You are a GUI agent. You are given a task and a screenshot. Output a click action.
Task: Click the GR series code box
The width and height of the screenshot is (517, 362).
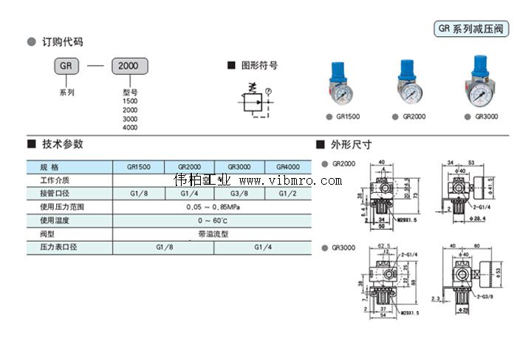coord(66,65)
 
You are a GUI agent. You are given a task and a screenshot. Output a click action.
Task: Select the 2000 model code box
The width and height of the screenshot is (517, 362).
coord(129,65)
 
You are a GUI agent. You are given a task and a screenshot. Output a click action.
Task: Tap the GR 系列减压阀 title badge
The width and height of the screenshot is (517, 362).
coord(470,29)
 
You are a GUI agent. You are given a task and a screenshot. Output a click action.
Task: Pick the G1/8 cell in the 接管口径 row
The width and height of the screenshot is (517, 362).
coord(138,194)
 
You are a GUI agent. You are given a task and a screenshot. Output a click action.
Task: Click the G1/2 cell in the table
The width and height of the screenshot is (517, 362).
coord(289,194)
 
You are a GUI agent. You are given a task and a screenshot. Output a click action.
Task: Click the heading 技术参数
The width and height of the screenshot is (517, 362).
coord(63,144)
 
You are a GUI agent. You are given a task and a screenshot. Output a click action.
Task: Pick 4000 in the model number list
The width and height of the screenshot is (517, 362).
coord(130,127)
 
